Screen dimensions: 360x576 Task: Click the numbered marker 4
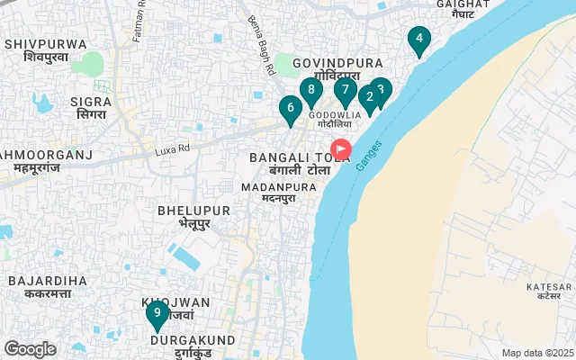418,40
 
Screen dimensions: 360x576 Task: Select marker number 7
345,90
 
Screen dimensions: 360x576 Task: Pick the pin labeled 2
369,97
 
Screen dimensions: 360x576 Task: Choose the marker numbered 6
289,109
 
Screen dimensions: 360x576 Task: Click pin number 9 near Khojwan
157,314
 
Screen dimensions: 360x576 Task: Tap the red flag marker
342,148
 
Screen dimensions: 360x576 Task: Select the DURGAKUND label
193,341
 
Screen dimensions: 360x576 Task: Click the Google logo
31,349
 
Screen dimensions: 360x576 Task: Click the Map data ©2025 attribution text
536,353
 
